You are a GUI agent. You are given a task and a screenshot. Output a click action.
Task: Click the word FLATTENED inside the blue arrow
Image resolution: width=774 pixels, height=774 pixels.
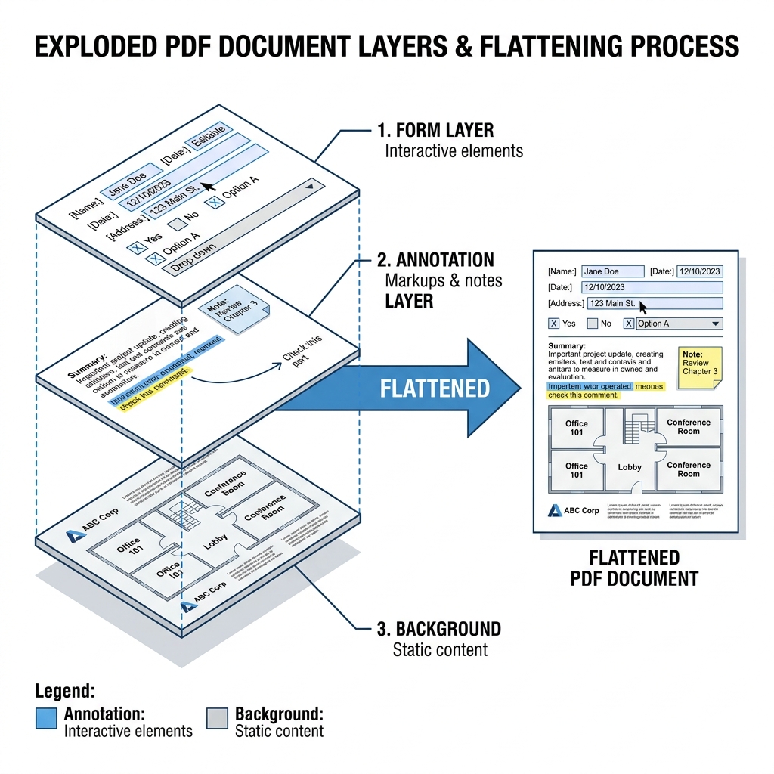tap(435, 389)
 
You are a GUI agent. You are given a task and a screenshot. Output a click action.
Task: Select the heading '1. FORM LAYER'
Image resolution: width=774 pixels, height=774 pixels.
tap(435, 130)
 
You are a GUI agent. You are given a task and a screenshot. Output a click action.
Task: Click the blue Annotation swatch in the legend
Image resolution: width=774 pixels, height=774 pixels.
tap(46, 718)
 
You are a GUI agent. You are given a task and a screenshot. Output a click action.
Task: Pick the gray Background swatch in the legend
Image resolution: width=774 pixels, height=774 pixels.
tap(217, 718)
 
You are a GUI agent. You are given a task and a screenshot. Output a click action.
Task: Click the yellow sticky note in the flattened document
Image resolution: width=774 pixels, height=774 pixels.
tap(700, 367)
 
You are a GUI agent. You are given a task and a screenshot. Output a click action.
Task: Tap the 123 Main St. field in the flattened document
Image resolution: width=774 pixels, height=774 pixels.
tap(654, 303)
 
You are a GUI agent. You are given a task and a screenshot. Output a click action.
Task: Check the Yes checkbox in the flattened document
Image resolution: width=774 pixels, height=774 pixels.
tap(554, 324)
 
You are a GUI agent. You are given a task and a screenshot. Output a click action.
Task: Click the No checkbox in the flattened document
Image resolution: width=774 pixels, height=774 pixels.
tap(592, 324)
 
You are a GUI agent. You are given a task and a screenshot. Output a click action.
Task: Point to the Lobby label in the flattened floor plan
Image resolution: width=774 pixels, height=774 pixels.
tap(630, 467)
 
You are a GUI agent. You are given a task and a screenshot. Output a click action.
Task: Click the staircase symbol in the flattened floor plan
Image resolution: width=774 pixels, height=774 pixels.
tap(635, 429)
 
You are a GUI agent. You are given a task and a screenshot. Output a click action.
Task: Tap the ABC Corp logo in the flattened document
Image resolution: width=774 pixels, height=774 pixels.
tap(555, 510)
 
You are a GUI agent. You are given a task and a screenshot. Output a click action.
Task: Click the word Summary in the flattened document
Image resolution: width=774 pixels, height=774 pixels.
tap(568, 346)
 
